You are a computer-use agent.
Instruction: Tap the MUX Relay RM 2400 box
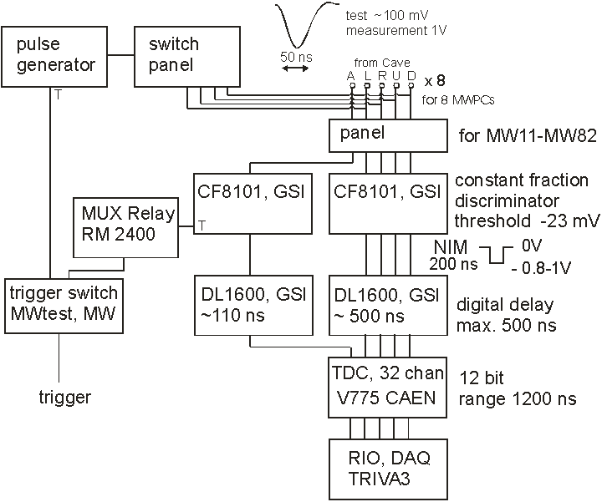point(125,223)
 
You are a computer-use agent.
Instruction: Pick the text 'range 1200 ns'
point(518,399)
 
